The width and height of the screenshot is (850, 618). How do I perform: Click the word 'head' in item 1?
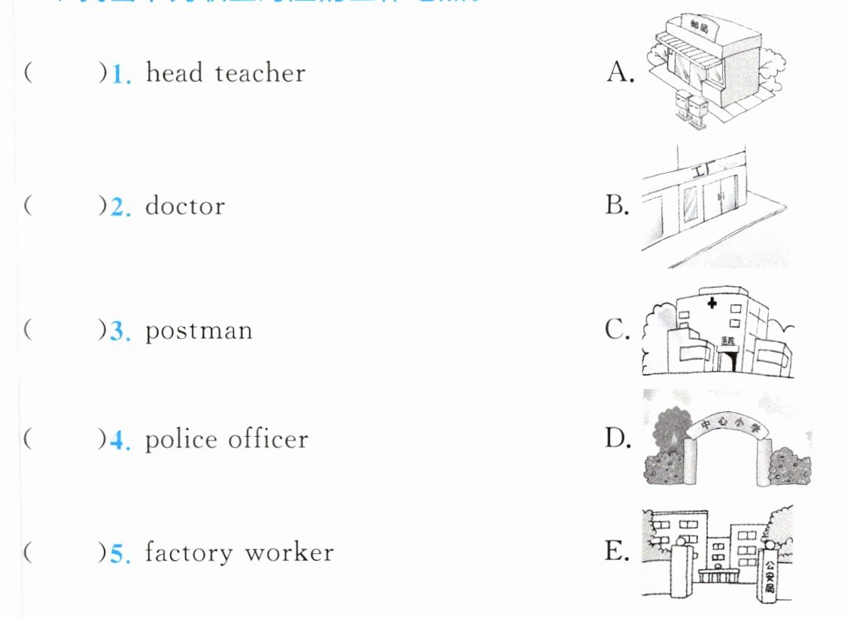click(x=173, y=73)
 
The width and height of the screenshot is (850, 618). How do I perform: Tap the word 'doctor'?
click(x=185, y=206)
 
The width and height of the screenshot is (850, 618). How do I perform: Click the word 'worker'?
click(x=289, y=553)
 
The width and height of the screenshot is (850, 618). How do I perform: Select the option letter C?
click(x=618, y=330)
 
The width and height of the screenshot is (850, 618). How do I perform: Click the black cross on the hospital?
click(x=711, y=304)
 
